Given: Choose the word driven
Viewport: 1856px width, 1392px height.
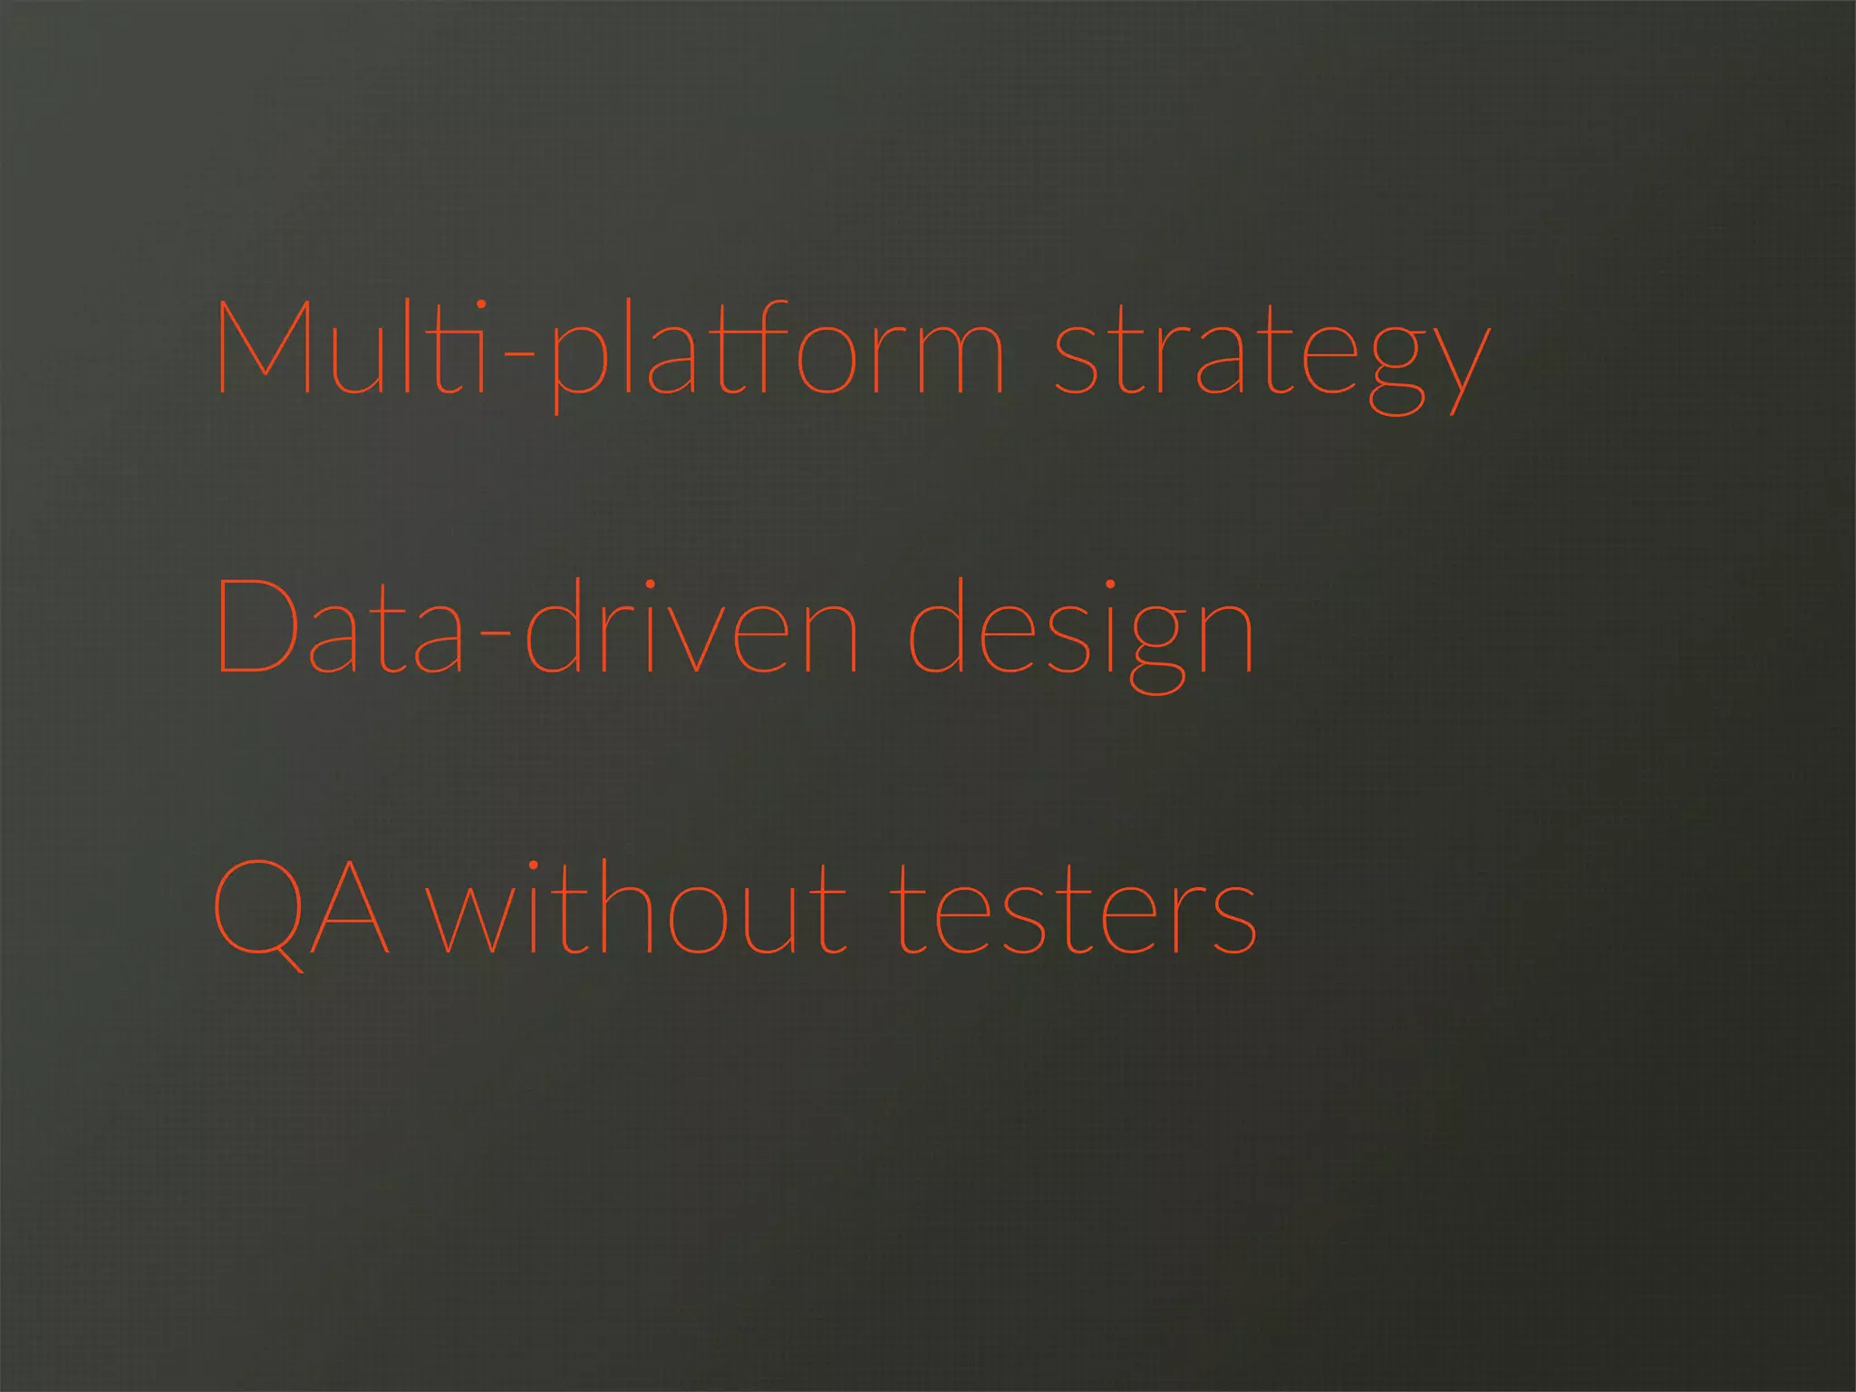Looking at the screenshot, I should click(691, 626).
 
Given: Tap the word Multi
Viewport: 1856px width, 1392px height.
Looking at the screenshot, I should click(353, 348).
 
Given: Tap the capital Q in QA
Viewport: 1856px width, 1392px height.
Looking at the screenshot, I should click(258, 909).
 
